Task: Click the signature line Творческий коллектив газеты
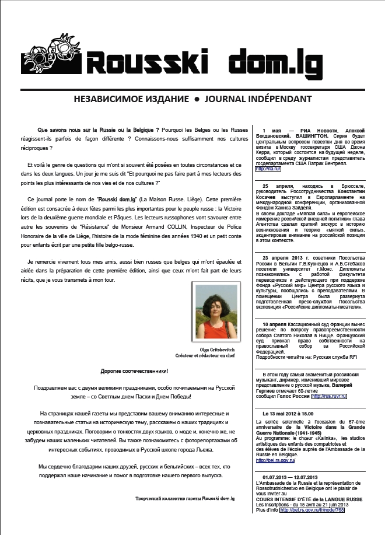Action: tap(184, 497)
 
